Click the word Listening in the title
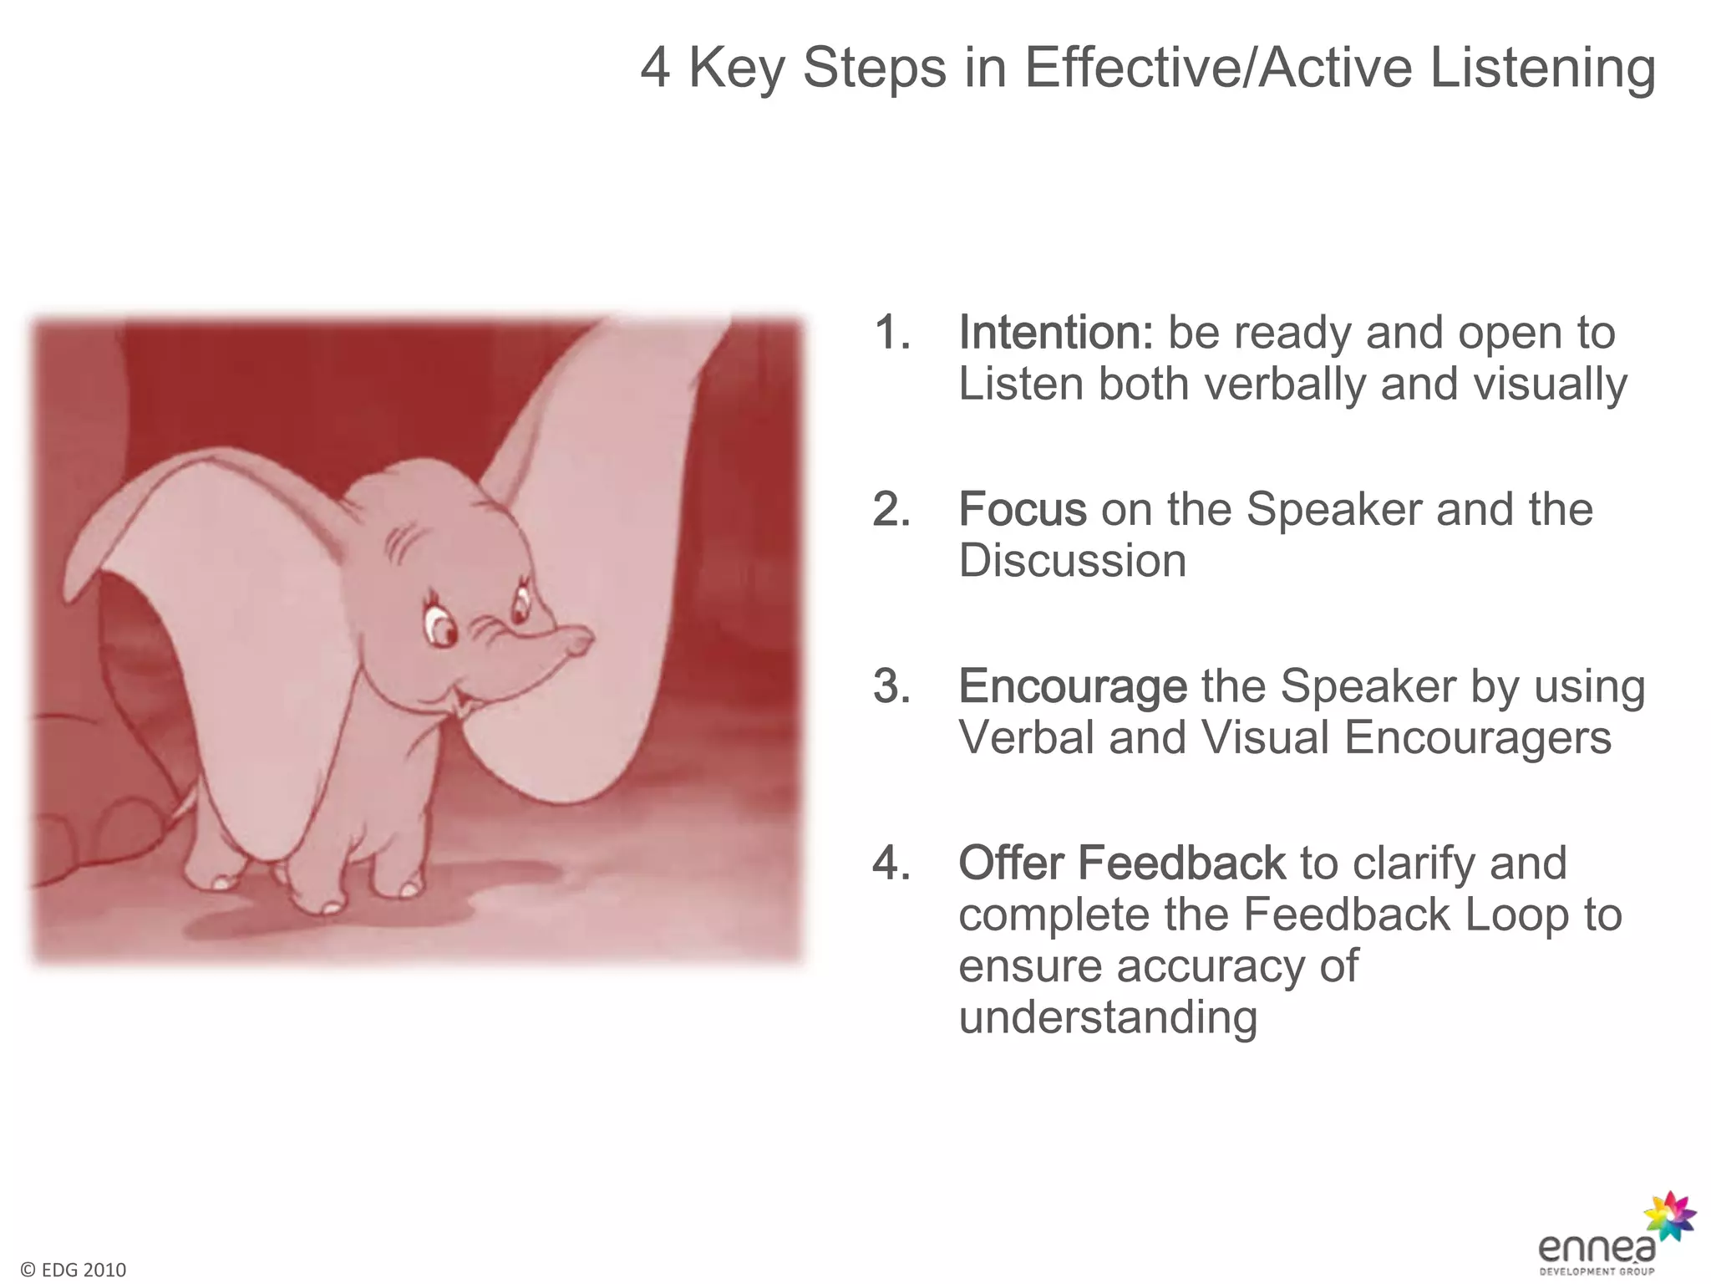[1542, 69]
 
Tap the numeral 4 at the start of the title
[655, 69]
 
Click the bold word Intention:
[1055, 333]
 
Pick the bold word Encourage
[1072, 687]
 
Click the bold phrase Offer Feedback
[1121, 863]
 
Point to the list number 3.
[891, 687]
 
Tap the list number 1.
[891, 333]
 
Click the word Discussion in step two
[1072, 561]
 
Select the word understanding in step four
[1107, 1018]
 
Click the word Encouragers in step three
[1477, 738]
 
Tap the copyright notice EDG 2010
[74, 1270]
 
